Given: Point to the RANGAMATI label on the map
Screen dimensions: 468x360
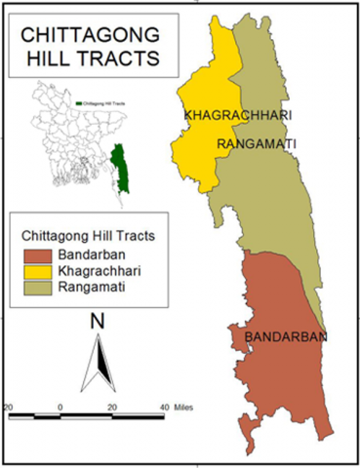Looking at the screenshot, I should pos(258,144).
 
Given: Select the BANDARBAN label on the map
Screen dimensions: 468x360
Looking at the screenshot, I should pos(285,337).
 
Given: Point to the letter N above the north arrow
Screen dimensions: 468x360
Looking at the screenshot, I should pos(97,321).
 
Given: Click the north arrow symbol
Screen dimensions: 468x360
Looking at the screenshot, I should pos(97,363).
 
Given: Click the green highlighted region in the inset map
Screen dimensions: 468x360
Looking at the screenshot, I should pos(121,166).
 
